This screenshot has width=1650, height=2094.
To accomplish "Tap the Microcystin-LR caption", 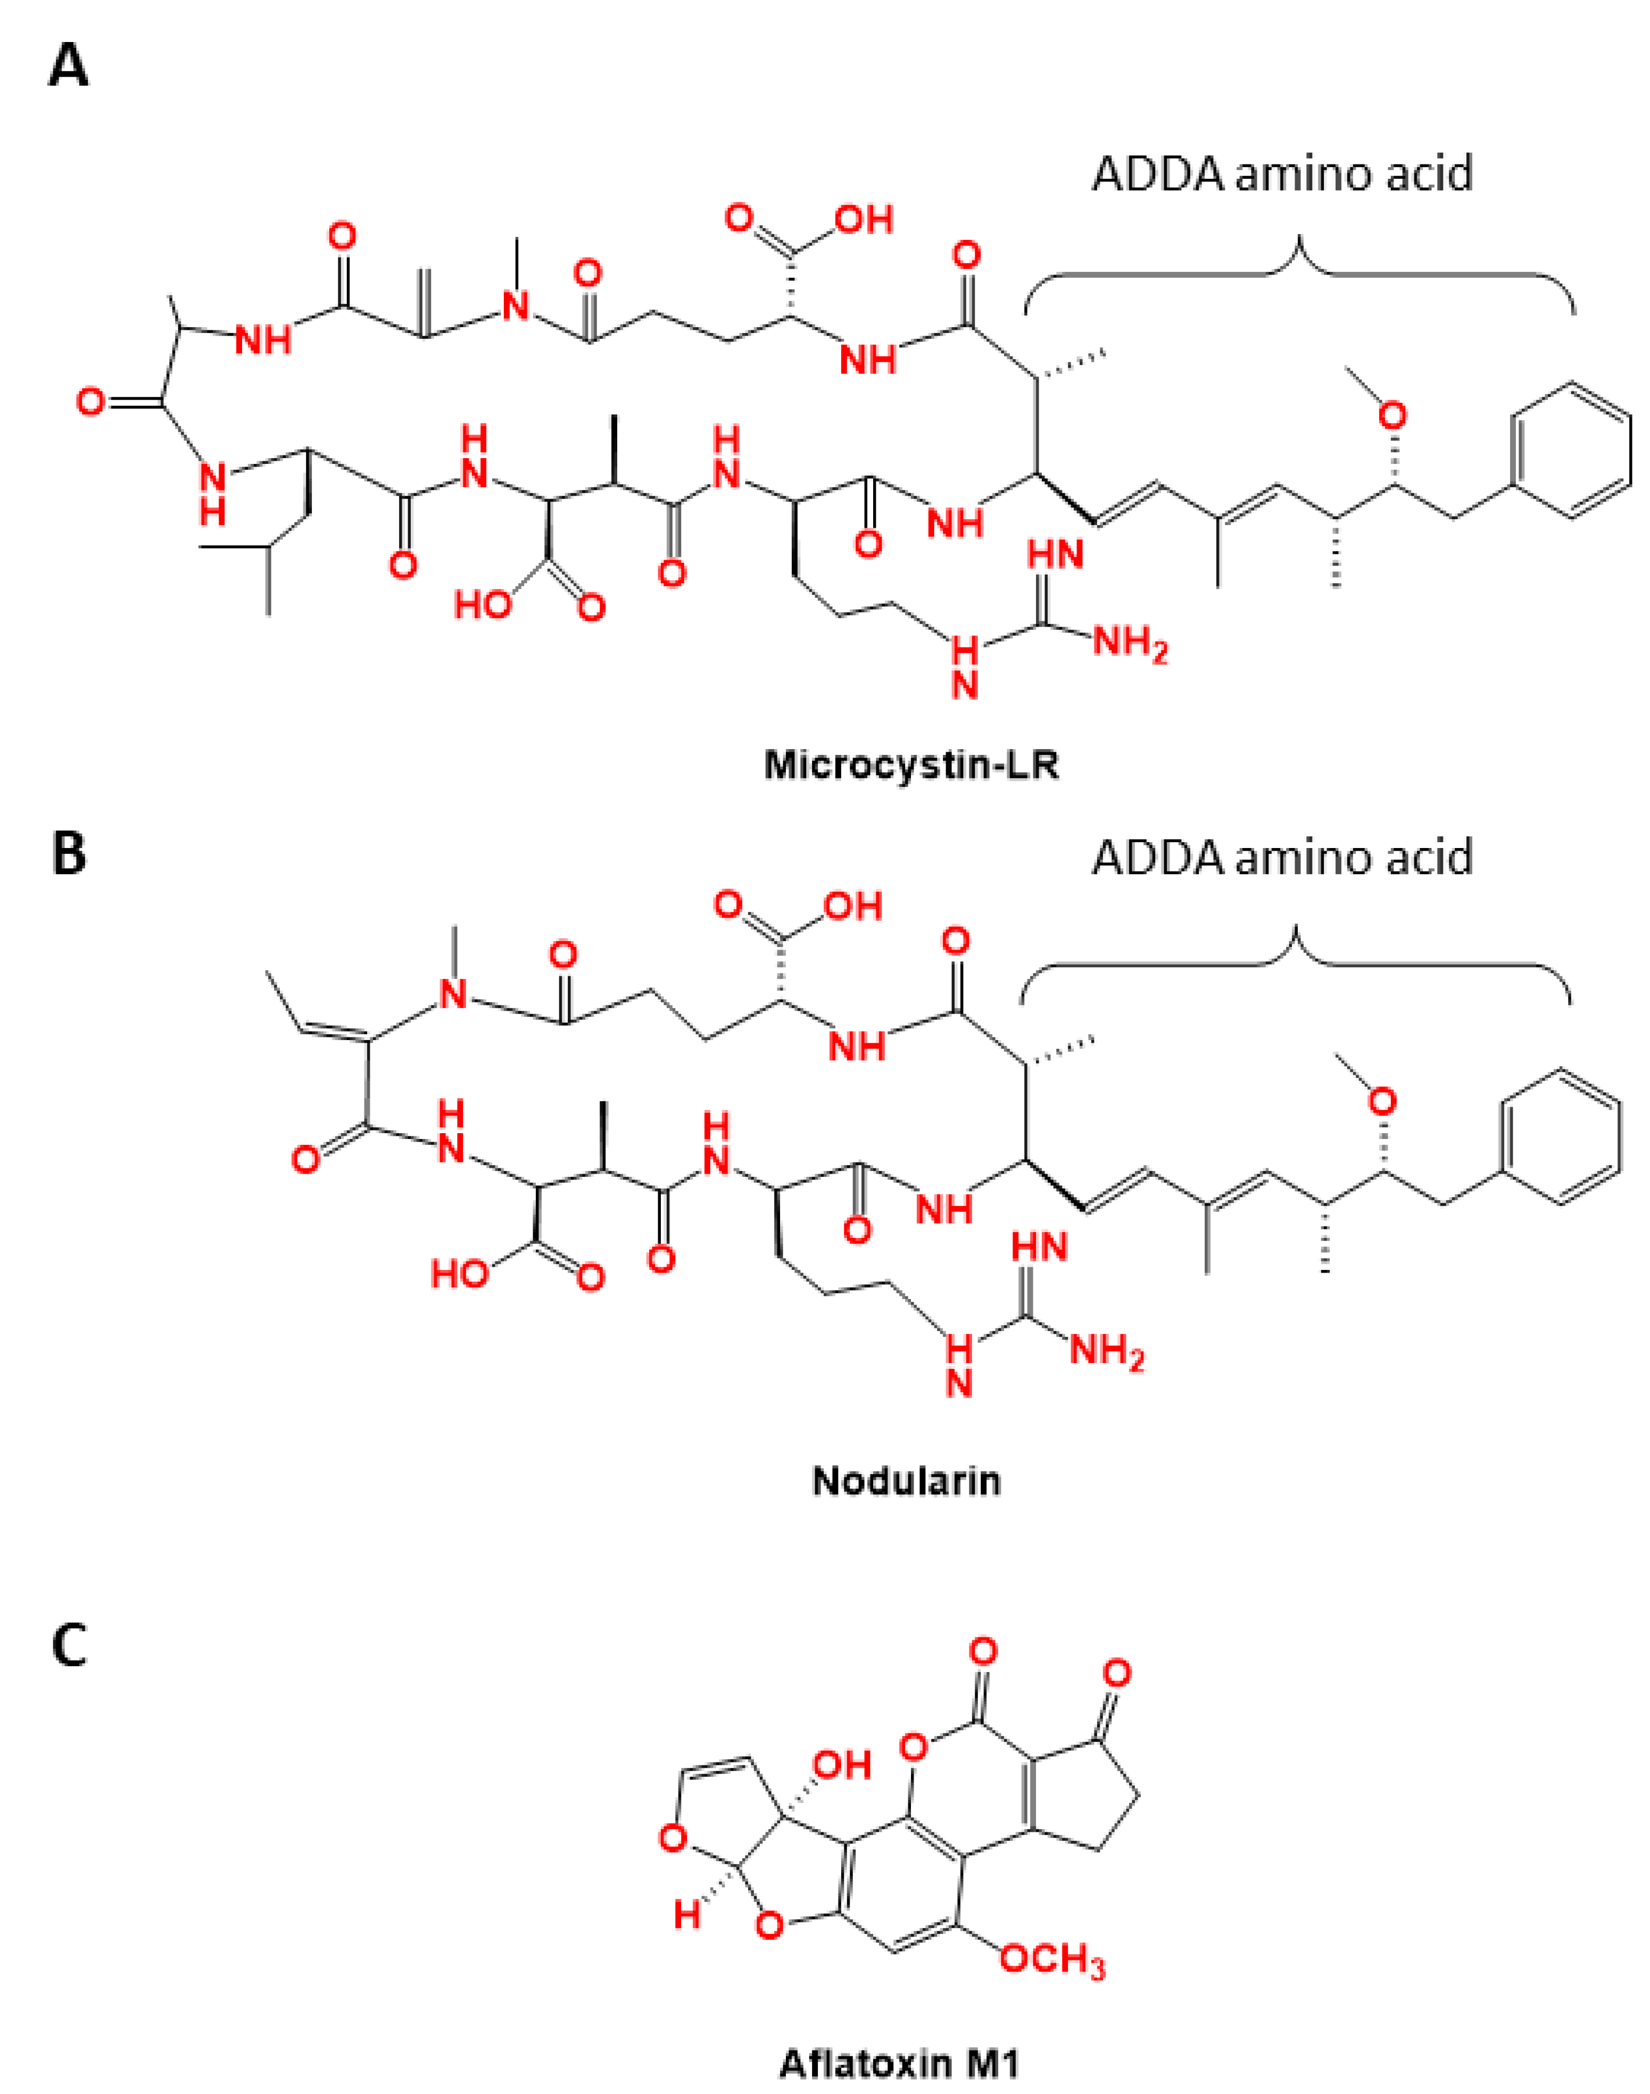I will (911, 765).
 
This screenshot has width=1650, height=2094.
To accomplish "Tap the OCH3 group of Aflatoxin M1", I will (1051, 1960).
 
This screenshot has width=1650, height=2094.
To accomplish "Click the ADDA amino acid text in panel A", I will (1282, 174).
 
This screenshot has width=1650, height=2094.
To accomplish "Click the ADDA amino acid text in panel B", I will (1282, 857).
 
